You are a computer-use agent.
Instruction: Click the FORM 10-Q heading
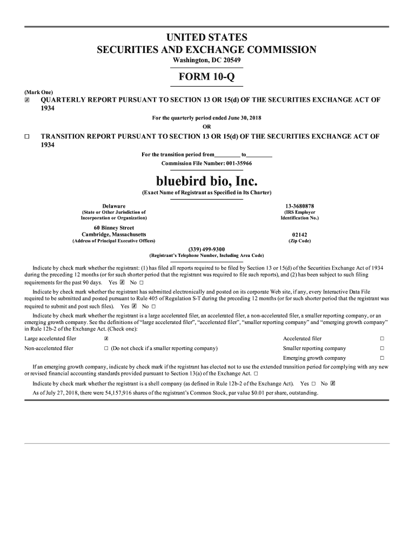[206, 77]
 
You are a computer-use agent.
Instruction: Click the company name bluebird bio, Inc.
[206, 180]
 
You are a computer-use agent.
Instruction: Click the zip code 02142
[299, 234]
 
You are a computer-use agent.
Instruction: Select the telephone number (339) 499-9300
[206, 249]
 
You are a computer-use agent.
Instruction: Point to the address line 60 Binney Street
[113, 228]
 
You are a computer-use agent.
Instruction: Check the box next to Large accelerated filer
[106, 339]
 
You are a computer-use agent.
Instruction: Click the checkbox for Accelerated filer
[382, 339]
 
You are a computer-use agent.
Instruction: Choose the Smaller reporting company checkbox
[382, 348]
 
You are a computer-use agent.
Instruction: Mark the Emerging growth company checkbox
[382, 358]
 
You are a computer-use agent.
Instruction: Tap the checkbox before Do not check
[106, 348]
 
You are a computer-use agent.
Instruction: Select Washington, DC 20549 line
[206, 60]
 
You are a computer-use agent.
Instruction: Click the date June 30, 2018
[242, 118]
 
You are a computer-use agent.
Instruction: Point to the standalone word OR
[206, 127]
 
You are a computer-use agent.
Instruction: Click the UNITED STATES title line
[206, 37]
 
